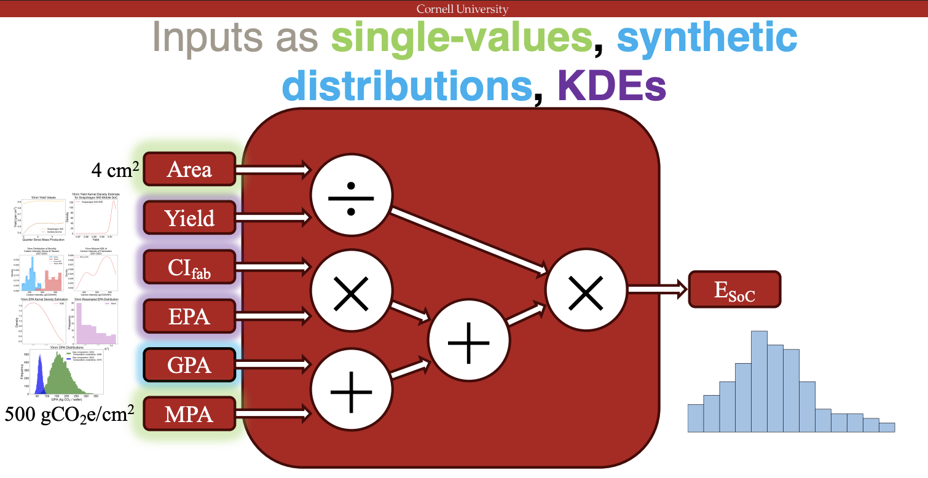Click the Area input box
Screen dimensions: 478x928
pyautogui.click(x=189, y=169)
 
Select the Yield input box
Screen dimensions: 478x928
pyautogui.click(x=189, y=217)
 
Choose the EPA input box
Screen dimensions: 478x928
pyautogui.click(x=189, y=316)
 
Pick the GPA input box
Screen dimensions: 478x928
pyautogui.click(x=189, y=366)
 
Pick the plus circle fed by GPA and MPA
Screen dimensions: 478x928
pyautogui.click(x=351, y=390)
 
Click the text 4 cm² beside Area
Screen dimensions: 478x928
pyautogui.click(x=115, y=169)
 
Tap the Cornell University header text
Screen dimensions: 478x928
pyautogui.click(x=462, y=9)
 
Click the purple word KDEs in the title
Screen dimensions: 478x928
pyautogui.click(x=611, y=87)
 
